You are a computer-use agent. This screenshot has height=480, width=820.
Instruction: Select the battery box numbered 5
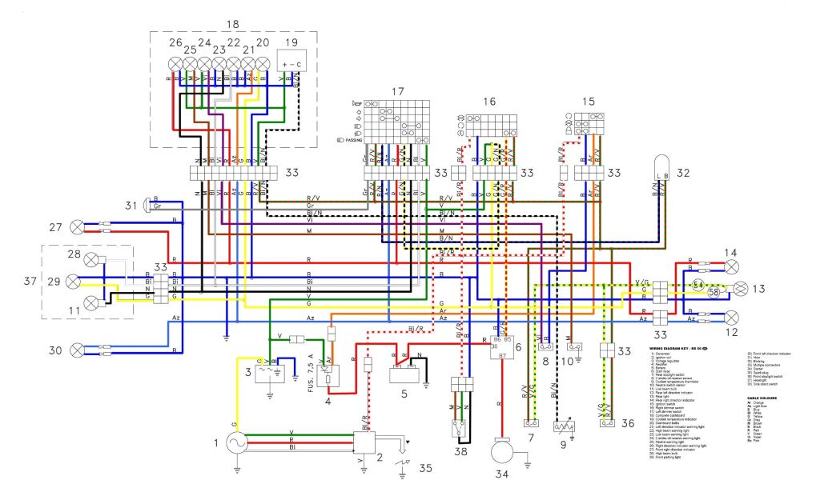pyautogui.click(x=407, y=376)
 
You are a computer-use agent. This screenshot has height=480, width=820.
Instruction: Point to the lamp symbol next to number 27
pyautogui.click(x=78, y=227)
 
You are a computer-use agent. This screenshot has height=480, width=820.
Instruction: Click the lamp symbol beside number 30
pyautogui.click(x=78, y=350)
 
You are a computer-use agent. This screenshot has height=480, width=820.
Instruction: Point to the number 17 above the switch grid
pyautogui.click(x=396, y=91)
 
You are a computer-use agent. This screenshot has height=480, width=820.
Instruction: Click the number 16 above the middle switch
pyautogui.click(x=489, y=102)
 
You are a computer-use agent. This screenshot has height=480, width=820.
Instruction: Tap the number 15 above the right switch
pyautogui.click(x=589, y=102)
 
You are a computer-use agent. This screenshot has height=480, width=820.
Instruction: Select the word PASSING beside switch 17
pyautogui.click(x=352, y=140)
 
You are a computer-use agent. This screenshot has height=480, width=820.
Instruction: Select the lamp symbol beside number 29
pyautogui.click(x=74, y=282)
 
